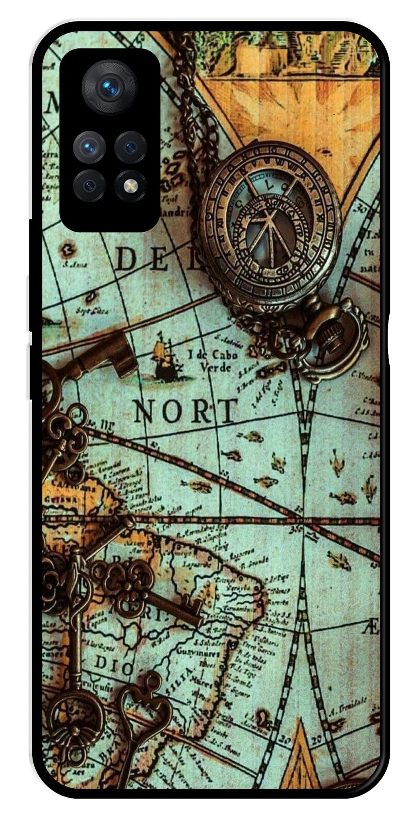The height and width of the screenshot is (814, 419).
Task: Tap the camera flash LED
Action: click(x=130, y=186)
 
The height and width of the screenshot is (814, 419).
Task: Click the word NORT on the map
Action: click(x=186, y=411)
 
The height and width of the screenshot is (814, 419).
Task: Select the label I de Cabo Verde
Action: click(x=213, y=360)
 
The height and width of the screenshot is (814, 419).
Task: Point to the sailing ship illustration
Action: click(x=165, y=357)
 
